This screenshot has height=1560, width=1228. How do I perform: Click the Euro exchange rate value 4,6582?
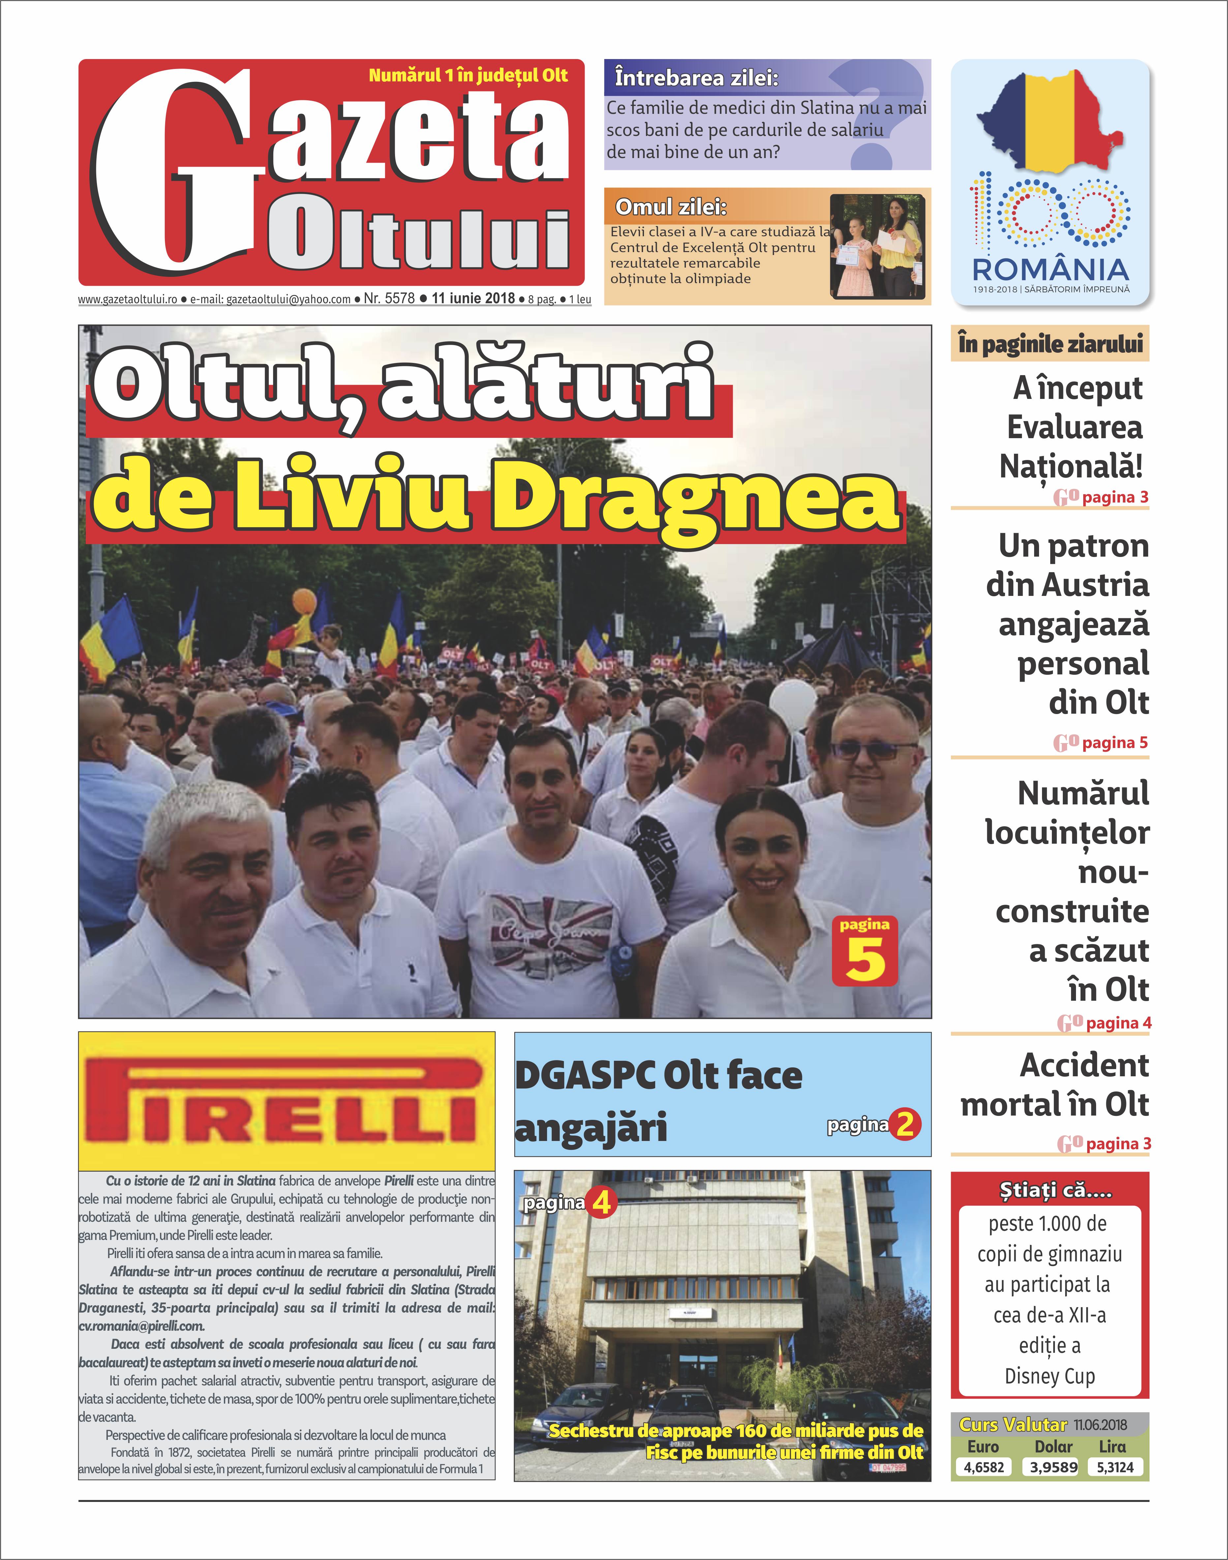click(x=984, y=1467)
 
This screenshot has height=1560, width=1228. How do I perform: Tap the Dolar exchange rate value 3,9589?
click(x=1053, y=1467)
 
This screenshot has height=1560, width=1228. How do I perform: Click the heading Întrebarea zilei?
click(x=696, y=78)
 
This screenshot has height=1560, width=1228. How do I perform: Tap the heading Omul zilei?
click(x=671, y=207)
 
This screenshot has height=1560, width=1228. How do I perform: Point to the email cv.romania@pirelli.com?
click(x=142, y=1325)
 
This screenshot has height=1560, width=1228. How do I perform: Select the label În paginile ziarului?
click(x=1050, y=344)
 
